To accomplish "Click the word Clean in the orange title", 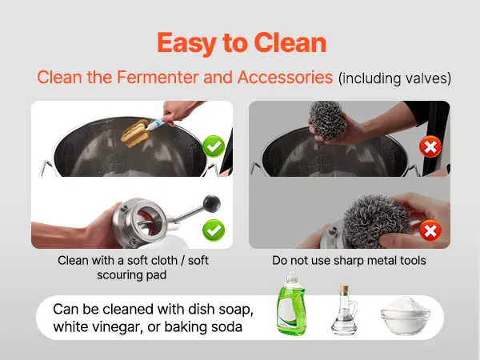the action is click(x=290, y=42).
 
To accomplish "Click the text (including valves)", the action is click(x=394, y=78).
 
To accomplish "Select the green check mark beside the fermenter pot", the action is click(x=214, y=146).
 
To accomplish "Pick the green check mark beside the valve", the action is click(x=214, y=230).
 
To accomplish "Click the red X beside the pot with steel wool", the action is click(x=430, y=146).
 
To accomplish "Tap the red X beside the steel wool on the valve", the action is click(x=430, y=230).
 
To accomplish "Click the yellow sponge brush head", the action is click(x=135, y=134).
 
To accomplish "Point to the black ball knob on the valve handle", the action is click(x=212, y=203).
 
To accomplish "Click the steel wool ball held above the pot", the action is click(x=328, y=120).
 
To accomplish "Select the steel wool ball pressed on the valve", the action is click(x=376, y=221).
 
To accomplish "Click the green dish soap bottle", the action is click(x=291, y=304).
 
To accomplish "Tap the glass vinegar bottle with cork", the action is click(x=344, y=310).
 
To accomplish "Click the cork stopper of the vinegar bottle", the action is click(x=344, y=290).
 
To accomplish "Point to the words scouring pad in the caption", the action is click(x=132, y=275).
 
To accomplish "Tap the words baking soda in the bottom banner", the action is click(x=203, y=326).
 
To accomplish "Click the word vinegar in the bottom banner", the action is click(x=118, y=327).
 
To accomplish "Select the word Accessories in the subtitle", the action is click(x=285, y=77).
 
